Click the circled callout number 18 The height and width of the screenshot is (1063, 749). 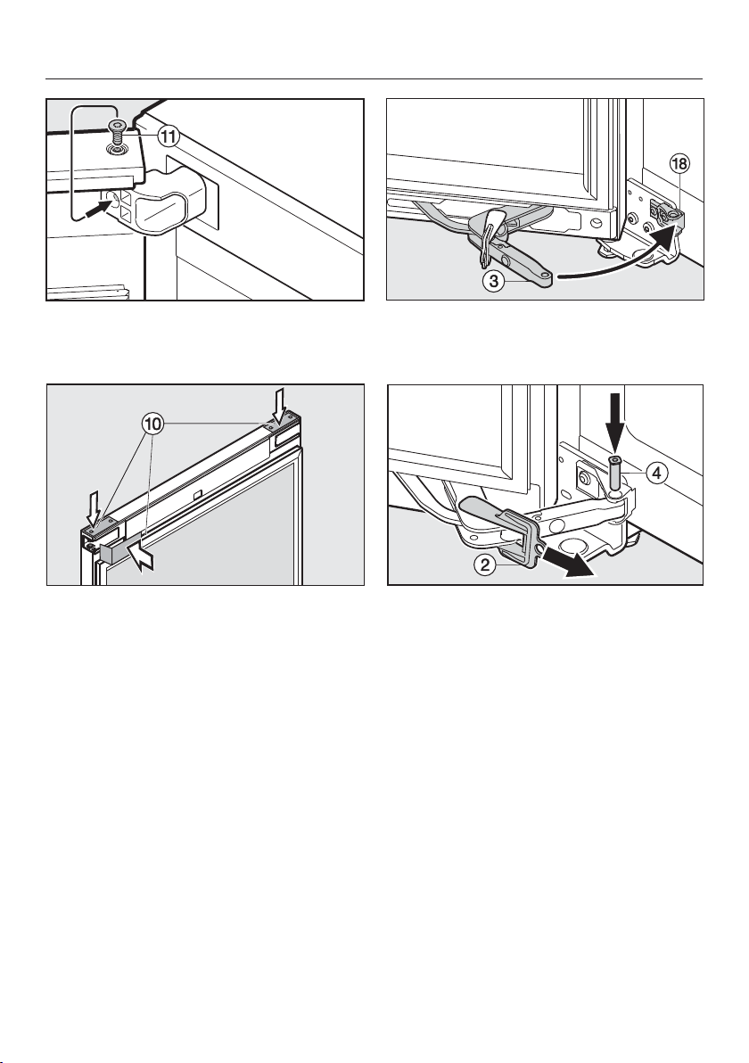(679, 164)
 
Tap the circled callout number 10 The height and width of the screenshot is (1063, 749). (152, 425)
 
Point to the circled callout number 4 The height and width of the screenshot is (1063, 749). (655, 474)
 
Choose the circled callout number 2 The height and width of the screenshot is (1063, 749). (485, 564)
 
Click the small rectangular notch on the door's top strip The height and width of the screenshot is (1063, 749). (195, 496)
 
